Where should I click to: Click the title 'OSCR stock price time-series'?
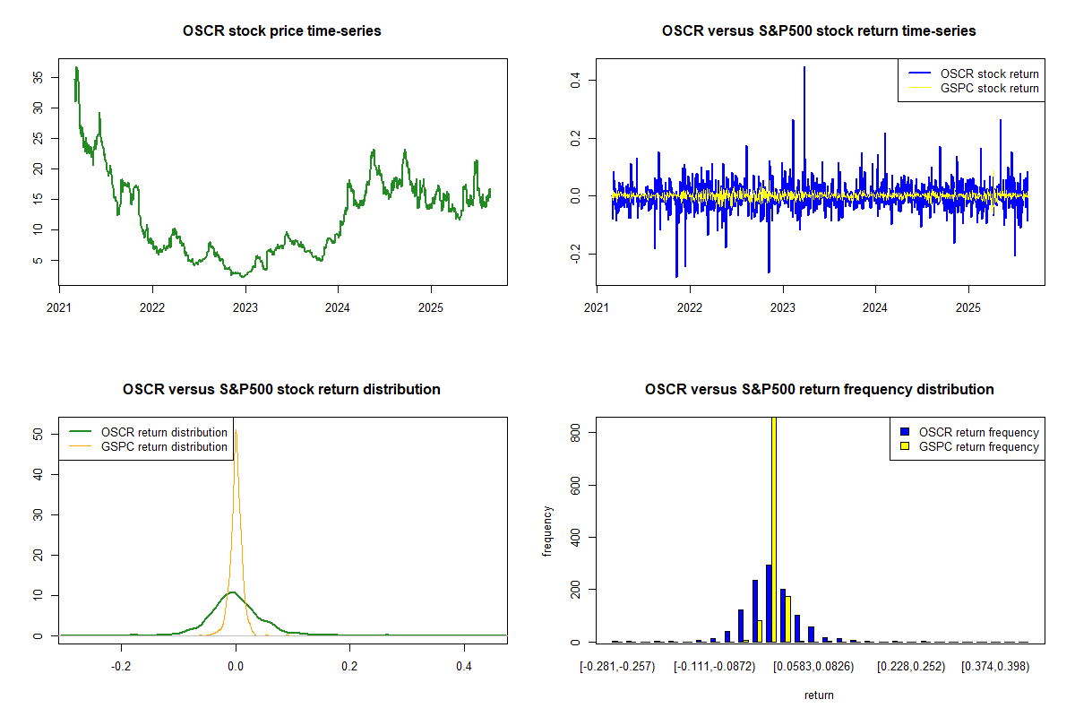281,31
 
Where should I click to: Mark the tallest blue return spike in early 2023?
804,68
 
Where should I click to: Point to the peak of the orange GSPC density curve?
236,433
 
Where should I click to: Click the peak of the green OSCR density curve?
234,592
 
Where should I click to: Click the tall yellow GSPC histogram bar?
773,529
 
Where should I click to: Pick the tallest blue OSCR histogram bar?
769,603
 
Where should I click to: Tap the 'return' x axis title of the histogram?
819,695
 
